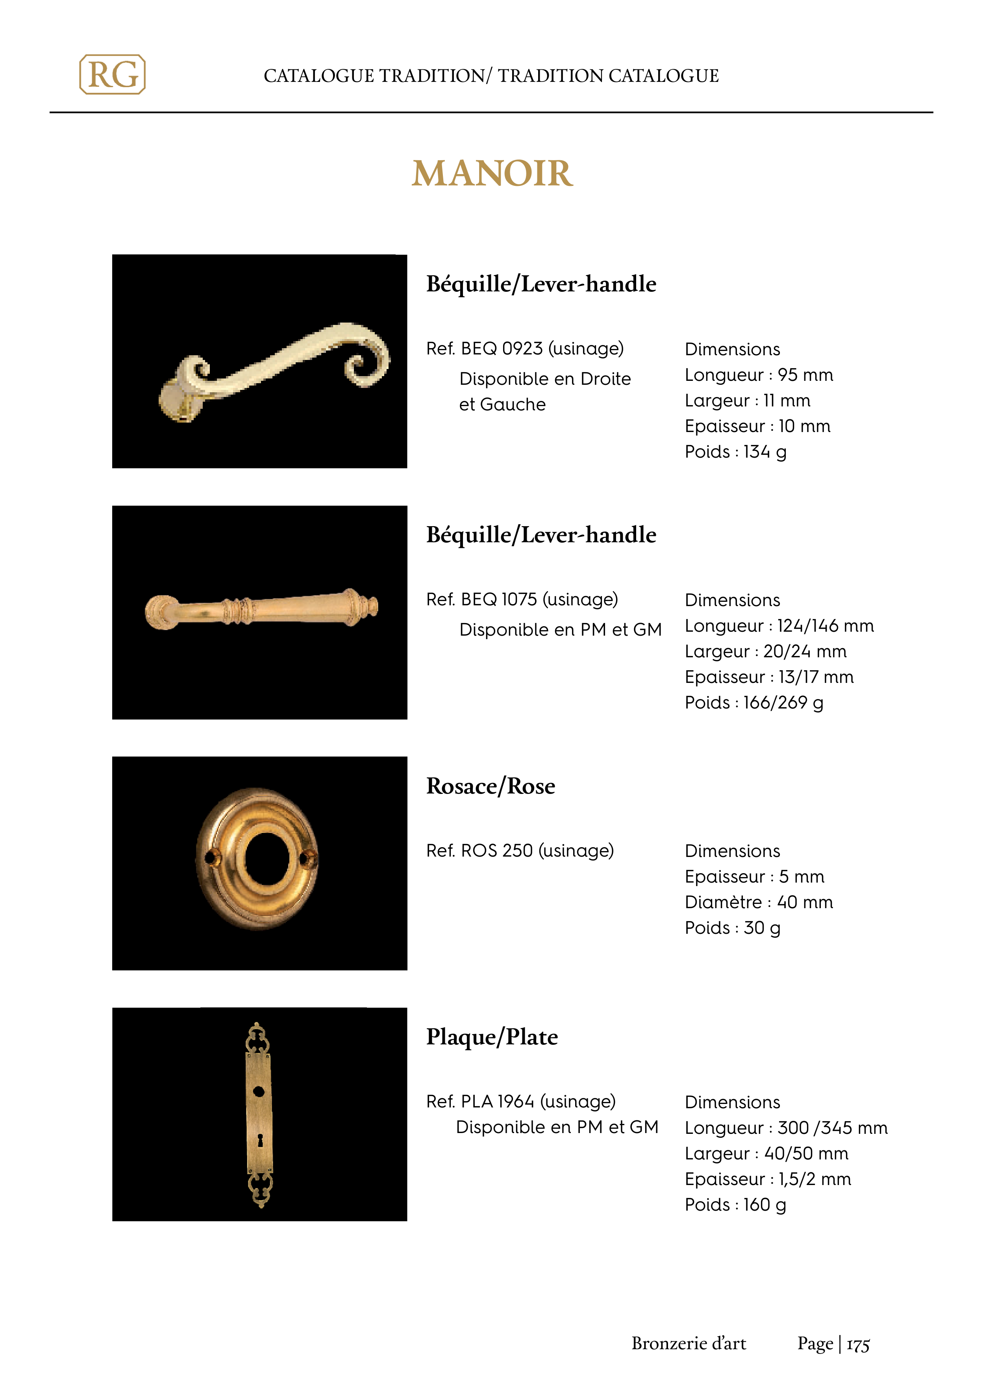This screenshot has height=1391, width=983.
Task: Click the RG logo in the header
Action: [113, 74]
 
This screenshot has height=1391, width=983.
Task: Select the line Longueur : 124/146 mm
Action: [779, 625]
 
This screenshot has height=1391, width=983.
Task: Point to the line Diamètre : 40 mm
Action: [758, 902]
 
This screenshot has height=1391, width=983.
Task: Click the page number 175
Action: [858, 1345]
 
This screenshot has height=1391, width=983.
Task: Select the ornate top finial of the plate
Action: [258, 1037]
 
